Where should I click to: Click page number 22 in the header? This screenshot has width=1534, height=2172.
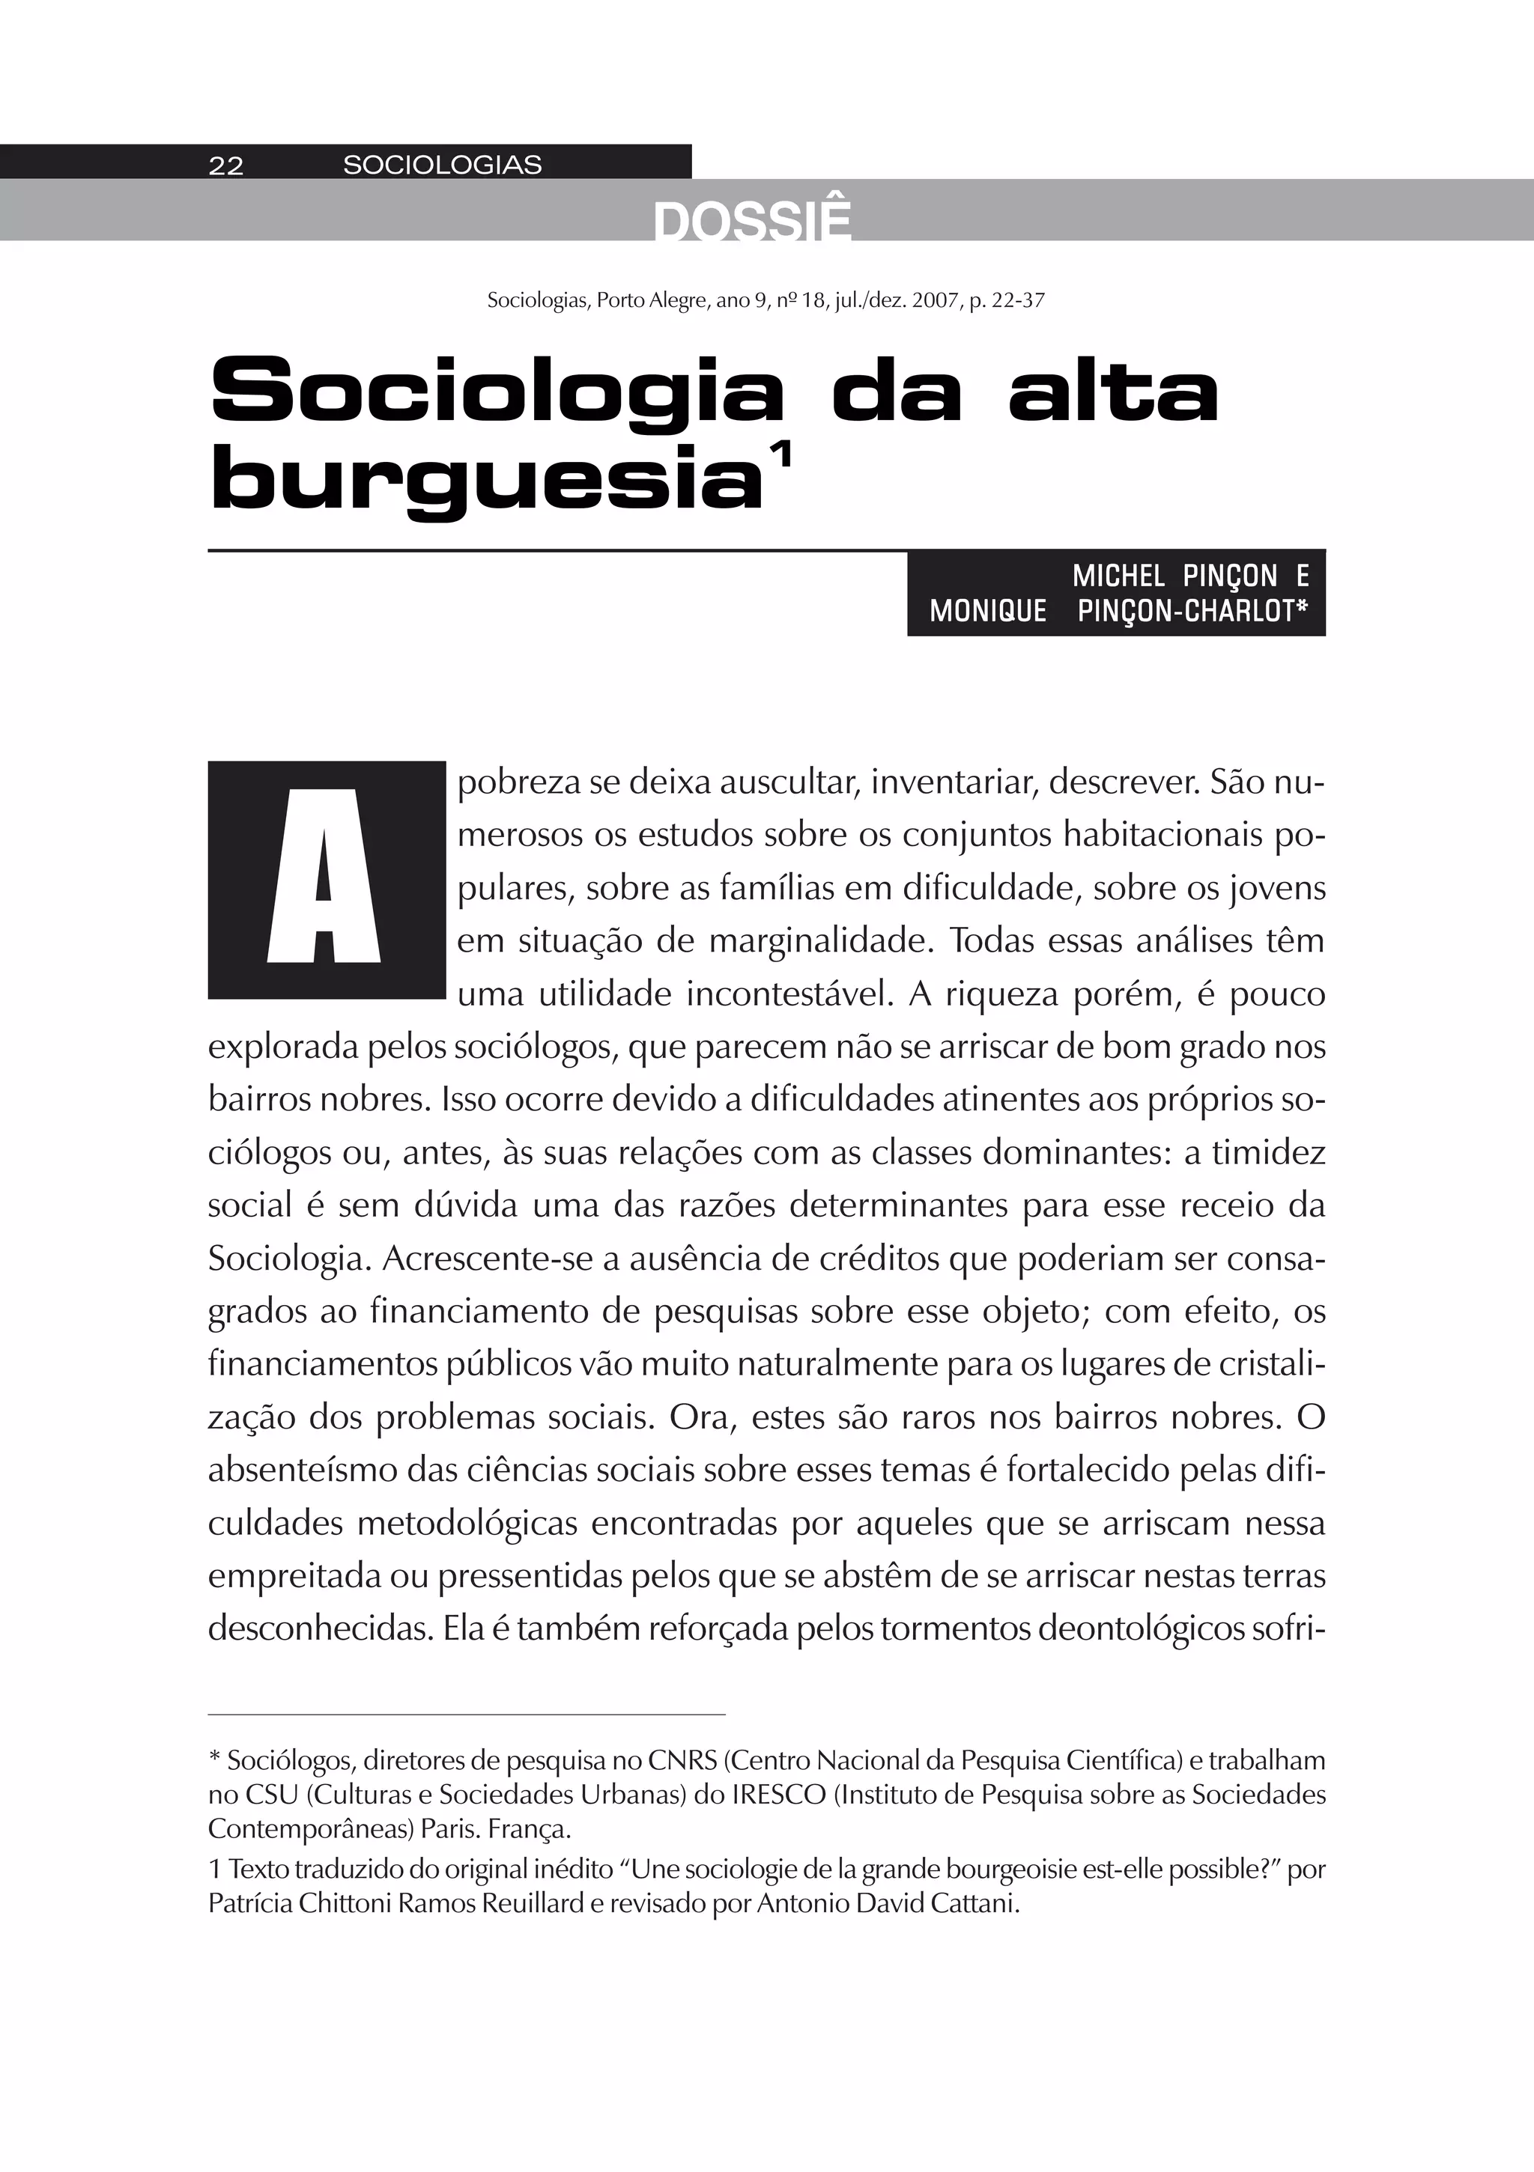tap(226, 165)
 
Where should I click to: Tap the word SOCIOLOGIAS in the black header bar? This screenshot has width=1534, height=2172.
tap(442, 165)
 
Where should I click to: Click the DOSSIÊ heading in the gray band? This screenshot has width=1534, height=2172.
tap(751, 223)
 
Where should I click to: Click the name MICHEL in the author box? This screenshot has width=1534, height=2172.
tap(1118, 576)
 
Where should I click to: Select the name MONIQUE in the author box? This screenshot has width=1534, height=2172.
tap(988, 611)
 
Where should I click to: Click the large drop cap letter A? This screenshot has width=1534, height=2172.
tap(326, 879)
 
